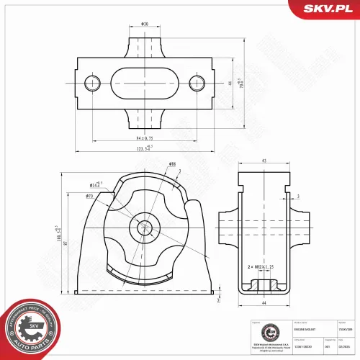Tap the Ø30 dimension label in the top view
pos(145,24)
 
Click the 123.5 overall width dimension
pos(144,149)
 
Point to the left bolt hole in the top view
pos(91,83)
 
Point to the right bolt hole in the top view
pos(197,83)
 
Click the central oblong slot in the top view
pos(144,83)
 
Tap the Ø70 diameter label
pos(90,196)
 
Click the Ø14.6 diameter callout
pos(96,185)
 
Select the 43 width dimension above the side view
pos(264,161)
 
